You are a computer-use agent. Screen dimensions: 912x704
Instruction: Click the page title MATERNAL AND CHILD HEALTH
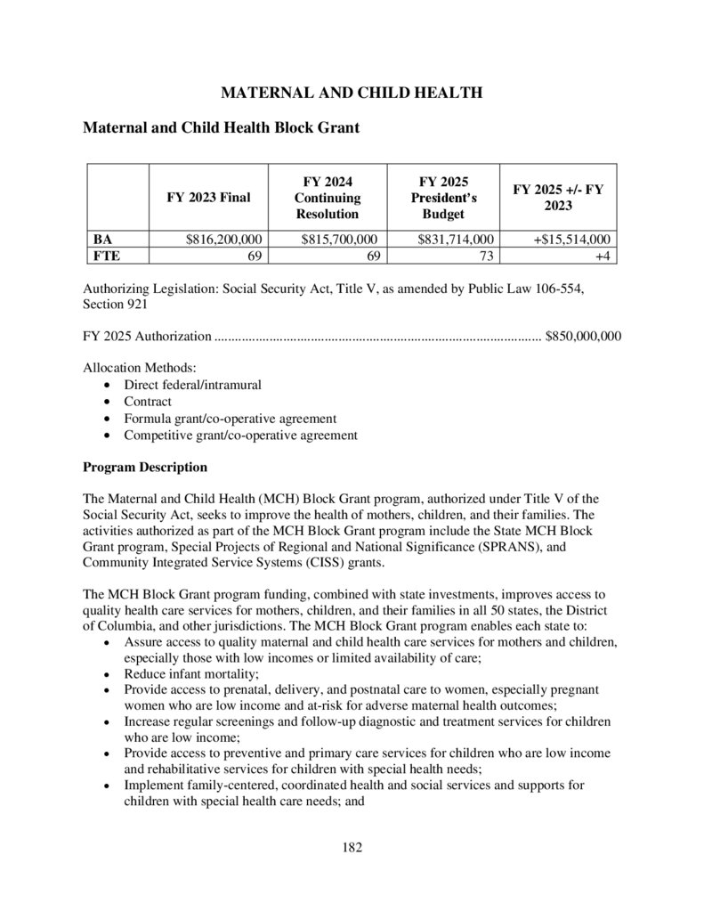click(x=352, y=93)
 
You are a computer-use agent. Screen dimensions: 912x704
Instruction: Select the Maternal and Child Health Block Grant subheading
click(x=221, y=128)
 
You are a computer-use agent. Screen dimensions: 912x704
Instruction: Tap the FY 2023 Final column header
click(x=208, y=198)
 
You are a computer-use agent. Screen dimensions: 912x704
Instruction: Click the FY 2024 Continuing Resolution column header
click(x=327, y=198)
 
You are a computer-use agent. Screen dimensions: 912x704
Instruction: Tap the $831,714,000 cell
click(x=455, y=240)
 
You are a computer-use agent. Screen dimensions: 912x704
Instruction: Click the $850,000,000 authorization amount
click(x=583, y=338)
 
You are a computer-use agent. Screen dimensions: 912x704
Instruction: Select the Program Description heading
click(x=145, y=467)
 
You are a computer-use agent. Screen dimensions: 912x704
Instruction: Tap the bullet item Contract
click(x=148, y=402)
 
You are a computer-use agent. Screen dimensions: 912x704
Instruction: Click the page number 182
click(x=352, y=846)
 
